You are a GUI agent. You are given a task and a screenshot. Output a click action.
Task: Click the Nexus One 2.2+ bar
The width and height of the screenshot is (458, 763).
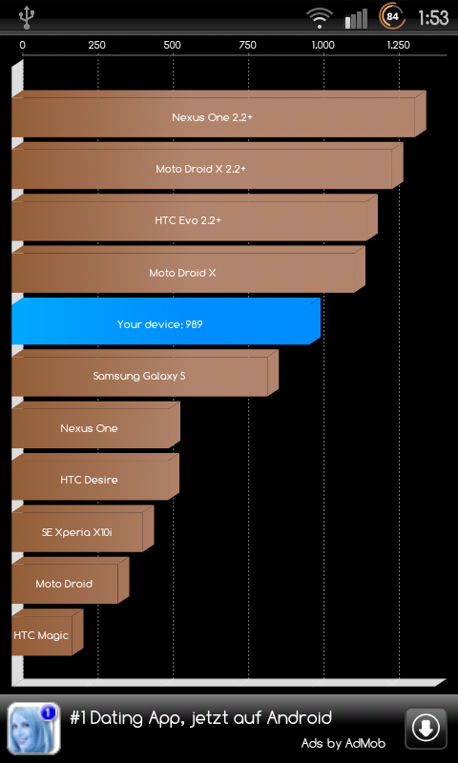point(219,113)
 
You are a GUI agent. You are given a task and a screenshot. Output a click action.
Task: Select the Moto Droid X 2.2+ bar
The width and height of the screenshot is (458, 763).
point(207,165)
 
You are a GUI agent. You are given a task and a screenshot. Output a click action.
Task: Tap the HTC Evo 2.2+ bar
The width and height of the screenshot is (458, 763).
point(195,217)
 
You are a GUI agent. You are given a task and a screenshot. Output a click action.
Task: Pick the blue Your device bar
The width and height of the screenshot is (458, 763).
point(166,321)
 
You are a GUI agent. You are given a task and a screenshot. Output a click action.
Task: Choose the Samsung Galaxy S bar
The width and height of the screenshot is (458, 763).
point(145,373)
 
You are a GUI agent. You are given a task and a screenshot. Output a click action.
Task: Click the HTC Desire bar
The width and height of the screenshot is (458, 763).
point(95,477)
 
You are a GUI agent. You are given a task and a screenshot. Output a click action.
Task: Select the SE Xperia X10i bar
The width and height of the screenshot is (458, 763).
point(83,528)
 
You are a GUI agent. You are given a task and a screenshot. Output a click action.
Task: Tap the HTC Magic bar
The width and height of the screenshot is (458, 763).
point(47,632)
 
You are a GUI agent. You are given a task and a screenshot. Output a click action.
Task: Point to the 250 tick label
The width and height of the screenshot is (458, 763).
point(97,45)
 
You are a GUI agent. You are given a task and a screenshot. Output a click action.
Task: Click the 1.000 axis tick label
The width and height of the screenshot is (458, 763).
point(323,45)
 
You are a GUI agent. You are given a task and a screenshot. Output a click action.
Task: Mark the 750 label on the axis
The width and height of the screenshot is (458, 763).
point(248,45)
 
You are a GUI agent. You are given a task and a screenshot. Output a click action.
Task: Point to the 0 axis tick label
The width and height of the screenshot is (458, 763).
point(22,45)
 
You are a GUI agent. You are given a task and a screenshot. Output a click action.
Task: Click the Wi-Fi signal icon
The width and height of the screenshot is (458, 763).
point(320,18)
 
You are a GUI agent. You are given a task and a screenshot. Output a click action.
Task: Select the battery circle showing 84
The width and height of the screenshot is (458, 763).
point(392,17)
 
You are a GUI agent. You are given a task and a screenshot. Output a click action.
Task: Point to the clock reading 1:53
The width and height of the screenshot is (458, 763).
point(433,18)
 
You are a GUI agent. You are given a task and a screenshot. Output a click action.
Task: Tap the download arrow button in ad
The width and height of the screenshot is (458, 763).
point(426,729)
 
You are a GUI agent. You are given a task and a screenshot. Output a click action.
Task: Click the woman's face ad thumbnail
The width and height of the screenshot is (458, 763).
point(34,729)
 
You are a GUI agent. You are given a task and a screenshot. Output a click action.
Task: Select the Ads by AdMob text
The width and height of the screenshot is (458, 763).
point(343,743)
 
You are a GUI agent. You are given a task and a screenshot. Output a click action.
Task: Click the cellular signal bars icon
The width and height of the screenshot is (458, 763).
point(357,18)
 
